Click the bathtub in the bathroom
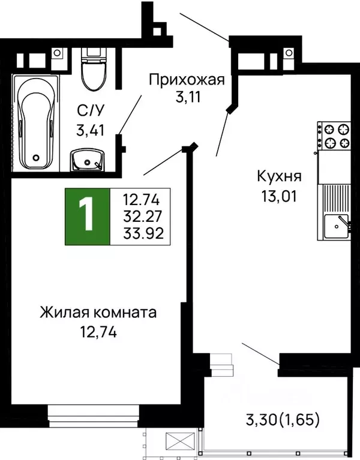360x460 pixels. point(37,124)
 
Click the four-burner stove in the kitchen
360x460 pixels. point(337,136)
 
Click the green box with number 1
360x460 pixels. point(88,217)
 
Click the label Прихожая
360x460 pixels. point(187,79)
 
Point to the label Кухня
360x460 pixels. point(278,177)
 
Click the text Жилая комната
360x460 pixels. point(98,312)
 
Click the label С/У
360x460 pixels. point(88,110)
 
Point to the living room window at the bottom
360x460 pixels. point(94,414)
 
